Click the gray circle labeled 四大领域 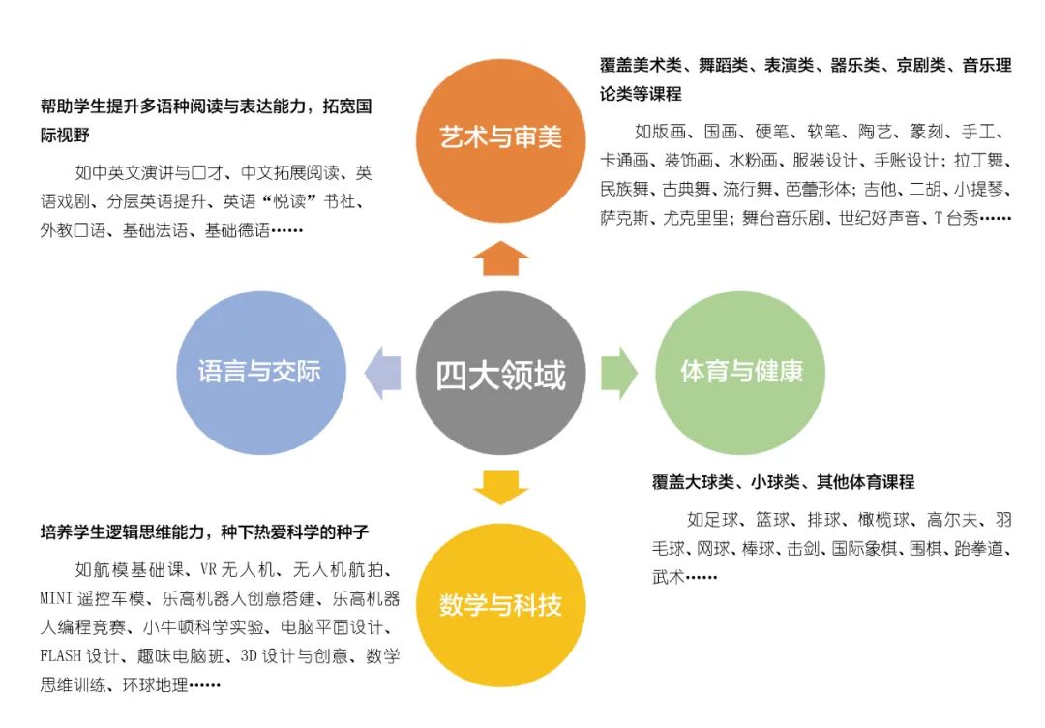500,373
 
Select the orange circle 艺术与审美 500,139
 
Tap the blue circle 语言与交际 260,373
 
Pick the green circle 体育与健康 740,373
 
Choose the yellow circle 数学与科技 500,605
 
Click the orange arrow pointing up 500,258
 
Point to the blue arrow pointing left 382,373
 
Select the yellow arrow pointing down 500,488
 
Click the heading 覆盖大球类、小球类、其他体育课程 783,482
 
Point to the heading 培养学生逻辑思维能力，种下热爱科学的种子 204,532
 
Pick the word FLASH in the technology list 61,656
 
